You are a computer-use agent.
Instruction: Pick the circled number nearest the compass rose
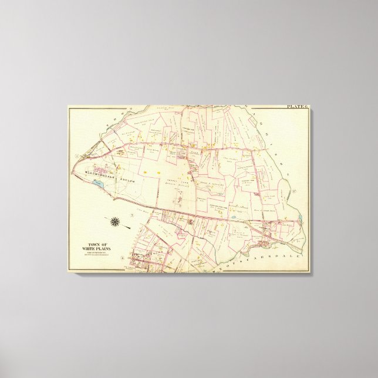tap(133, 217)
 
